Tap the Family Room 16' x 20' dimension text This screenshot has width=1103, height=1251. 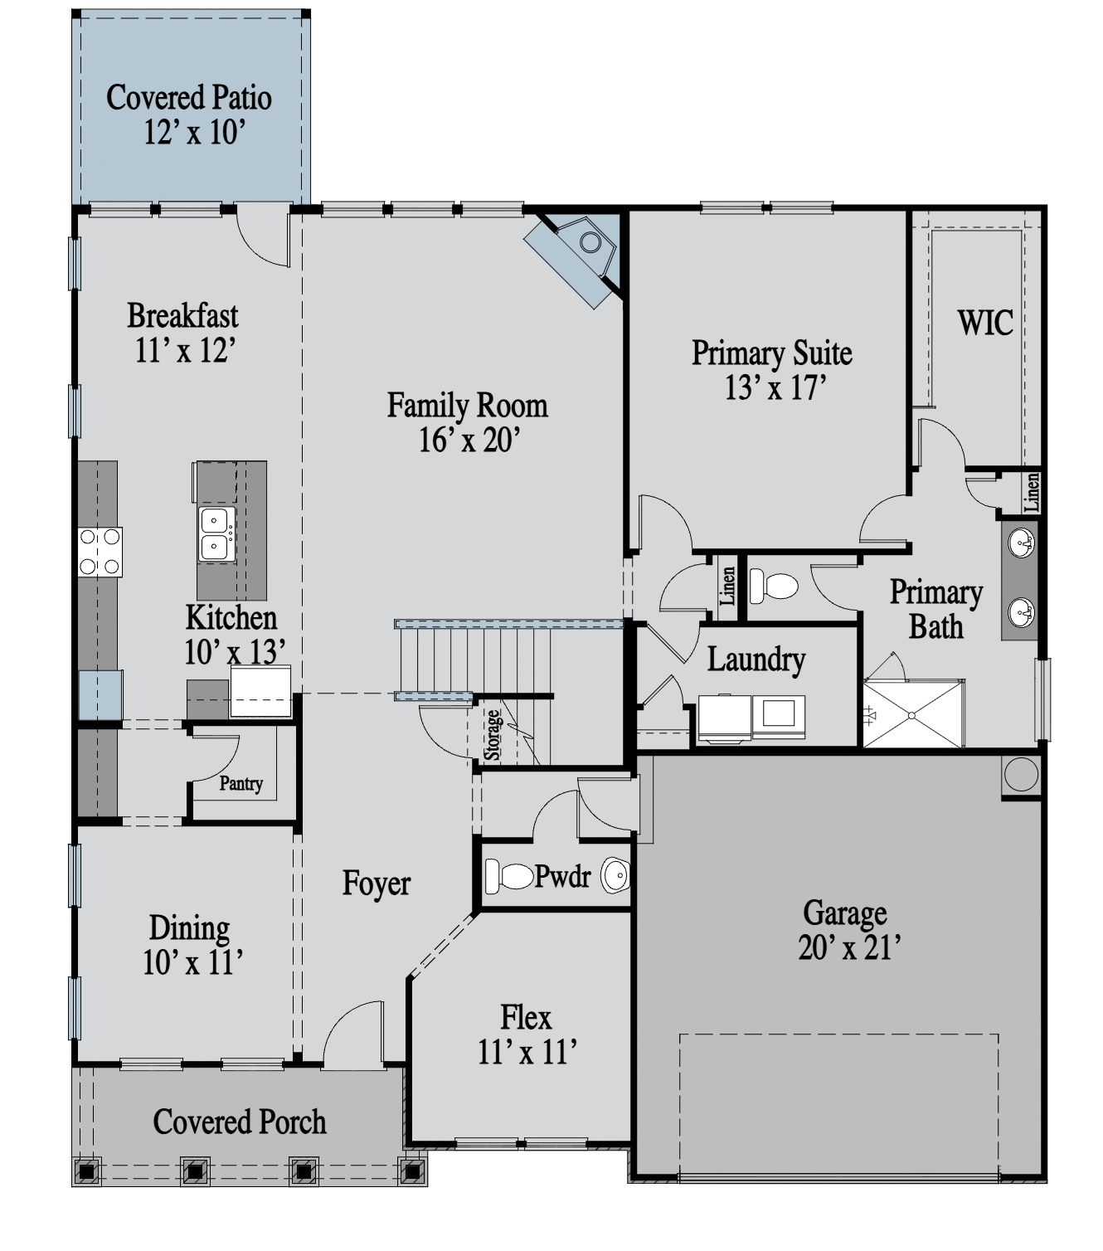pos(469,441)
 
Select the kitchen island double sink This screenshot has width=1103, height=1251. pos(216,534)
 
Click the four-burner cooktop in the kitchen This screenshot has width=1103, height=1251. pos(100,552)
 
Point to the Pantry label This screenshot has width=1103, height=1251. pos(241,783)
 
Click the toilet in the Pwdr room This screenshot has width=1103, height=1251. pos(509,875)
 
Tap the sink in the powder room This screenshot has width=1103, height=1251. pos(615,875)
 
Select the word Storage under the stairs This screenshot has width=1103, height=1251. pos(492,735)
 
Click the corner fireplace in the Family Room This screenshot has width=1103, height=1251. pos(581,253)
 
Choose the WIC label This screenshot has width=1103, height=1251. pos(985,323)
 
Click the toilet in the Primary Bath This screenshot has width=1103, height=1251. pos(774,586)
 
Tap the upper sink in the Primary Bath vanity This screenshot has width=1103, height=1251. pos(1021,543)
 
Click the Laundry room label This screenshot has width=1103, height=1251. pos(756,659)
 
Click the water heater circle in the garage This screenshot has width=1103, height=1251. pos(1021,774)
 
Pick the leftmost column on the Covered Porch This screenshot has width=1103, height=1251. pos(87,1171)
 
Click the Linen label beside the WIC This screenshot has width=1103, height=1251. pos(1031,492)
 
